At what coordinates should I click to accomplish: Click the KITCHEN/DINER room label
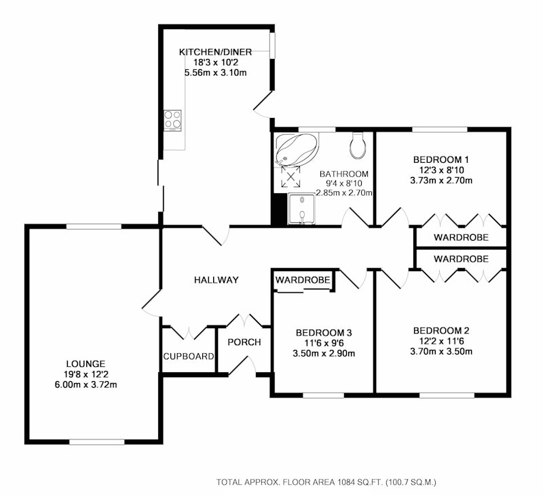215,52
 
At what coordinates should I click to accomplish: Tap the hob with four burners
172,120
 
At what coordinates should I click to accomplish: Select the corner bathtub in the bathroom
297,150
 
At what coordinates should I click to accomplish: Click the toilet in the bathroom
357,145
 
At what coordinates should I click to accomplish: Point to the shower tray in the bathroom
302,209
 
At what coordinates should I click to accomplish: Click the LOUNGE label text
86,364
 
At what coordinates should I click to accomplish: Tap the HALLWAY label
217,280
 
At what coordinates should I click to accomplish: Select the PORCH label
244,342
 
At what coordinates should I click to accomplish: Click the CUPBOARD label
189,356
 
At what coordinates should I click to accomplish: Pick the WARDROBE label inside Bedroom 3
303,280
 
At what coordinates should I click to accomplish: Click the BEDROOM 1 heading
441,160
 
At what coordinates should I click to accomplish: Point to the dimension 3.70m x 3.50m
441,352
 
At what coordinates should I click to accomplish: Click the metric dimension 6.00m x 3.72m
86,384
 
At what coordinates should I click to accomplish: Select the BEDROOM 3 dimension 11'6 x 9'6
324,343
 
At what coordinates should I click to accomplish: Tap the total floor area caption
326,482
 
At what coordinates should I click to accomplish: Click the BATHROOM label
344,174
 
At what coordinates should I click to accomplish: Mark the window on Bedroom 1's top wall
439,130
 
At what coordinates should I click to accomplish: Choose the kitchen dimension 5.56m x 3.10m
215,73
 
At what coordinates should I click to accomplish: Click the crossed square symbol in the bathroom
291,177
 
